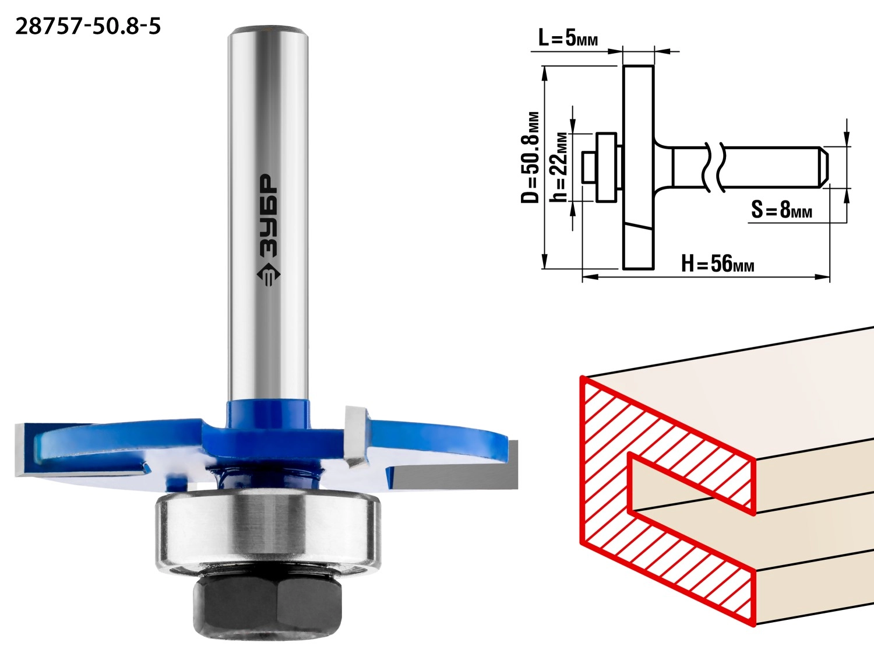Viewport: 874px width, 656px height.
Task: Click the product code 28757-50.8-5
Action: (88, 27)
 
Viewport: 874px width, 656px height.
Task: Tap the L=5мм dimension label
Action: (568, 38)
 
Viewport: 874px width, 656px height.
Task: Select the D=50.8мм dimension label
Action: (530, 157)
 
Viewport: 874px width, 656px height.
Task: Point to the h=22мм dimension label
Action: (558, 167)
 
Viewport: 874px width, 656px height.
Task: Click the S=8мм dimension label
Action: (781, 209)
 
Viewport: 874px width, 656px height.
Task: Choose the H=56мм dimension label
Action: (717, 264)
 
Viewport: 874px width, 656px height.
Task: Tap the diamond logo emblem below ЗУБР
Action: (269, 275)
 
